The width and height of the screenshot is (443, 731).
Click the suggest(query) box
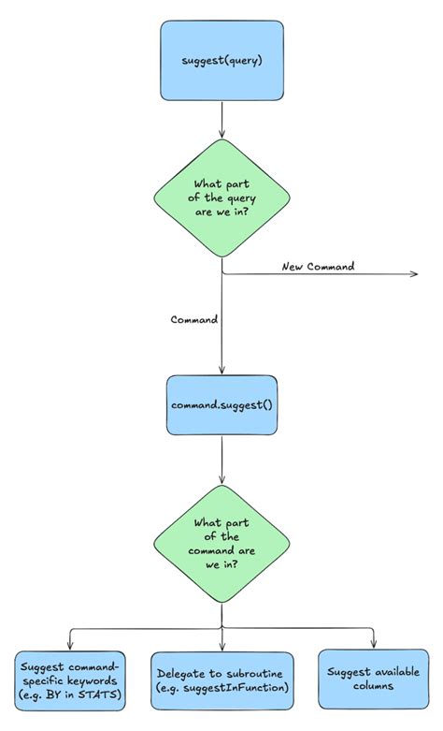[x=221, y=62]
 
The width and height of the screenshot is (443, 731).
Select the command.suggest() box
[x=221, y=405]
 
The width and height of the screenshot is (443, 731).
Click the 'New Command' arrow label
[x=318, y=267]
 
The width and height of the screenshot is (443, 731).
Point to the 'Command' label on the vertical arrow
[x=193, y=319]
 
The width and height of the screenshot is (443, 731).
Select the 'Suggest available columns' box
[x=374, y=680]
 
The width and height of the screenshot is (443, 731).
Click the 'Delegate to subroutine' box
[x=221, y=680]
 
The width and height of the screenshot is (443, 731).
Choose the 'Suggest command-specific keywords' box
[x=70, y=680]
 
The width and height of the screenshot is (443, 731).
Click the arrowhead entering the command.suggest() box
[x=221, y=371]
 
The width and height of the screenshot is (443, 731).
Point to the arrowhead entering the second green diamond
[x=221, y=479]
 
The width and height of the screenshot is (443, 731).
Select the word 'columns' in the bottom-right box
[x=374, y=687]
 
